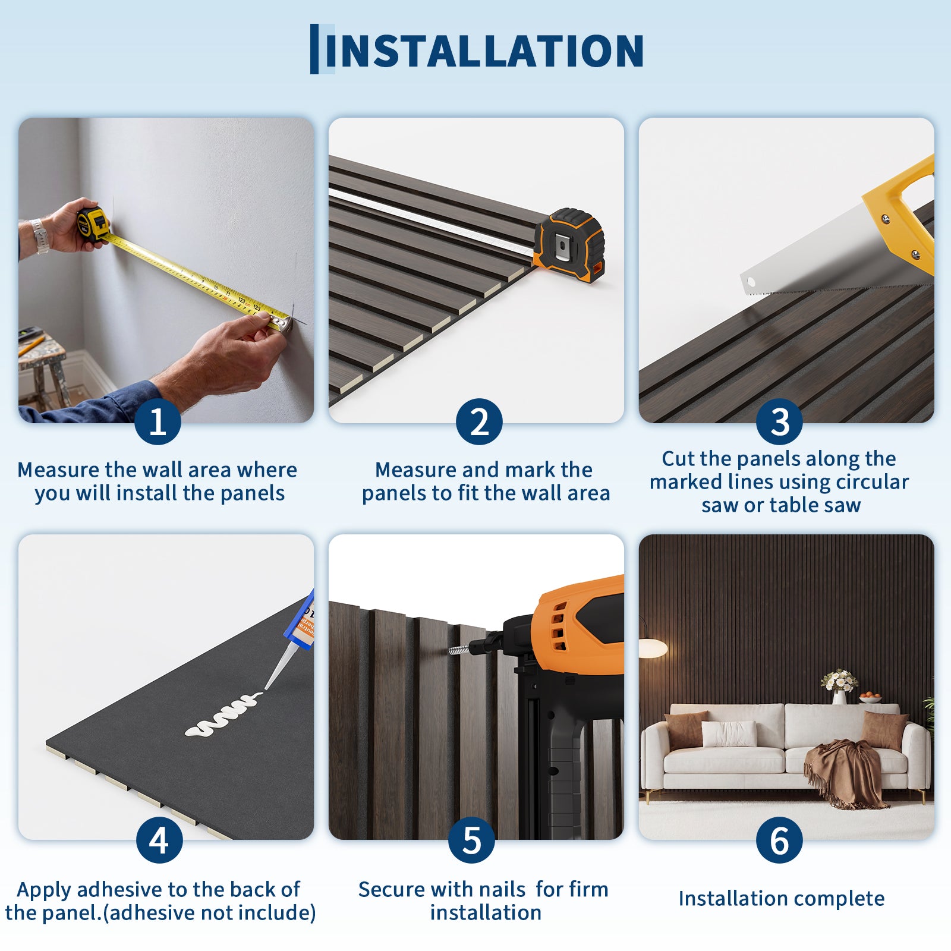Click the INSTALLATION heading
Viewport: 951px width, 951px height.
(x=484, y=51)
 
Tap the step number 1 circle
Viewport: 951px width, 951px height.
(x=158, y=421)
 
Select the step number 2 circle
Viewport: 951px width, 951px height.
(x=479, y=421)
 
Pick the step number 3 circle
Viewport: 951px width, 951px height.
(x=779, y=421)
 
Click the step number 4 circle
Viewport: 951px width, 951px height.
(x=159, y=840)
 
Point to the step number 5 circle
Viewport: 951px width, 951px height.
(x=472, y=840)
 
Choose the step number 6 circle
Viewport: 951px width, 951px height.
(x=779, y=840)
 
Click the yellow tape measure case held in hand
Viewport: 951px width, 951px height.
(x=93, y=223)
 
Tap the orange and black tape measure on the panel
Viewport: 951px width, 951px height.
(x=569, y=245)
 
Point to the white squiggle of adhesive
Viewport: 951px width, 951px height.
(x=222, y=714)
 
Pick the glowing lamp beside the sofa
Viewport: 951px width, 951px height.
(x=653, y=647)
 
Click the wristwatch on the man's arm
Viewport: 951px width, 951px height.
(x=39, y=236)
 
